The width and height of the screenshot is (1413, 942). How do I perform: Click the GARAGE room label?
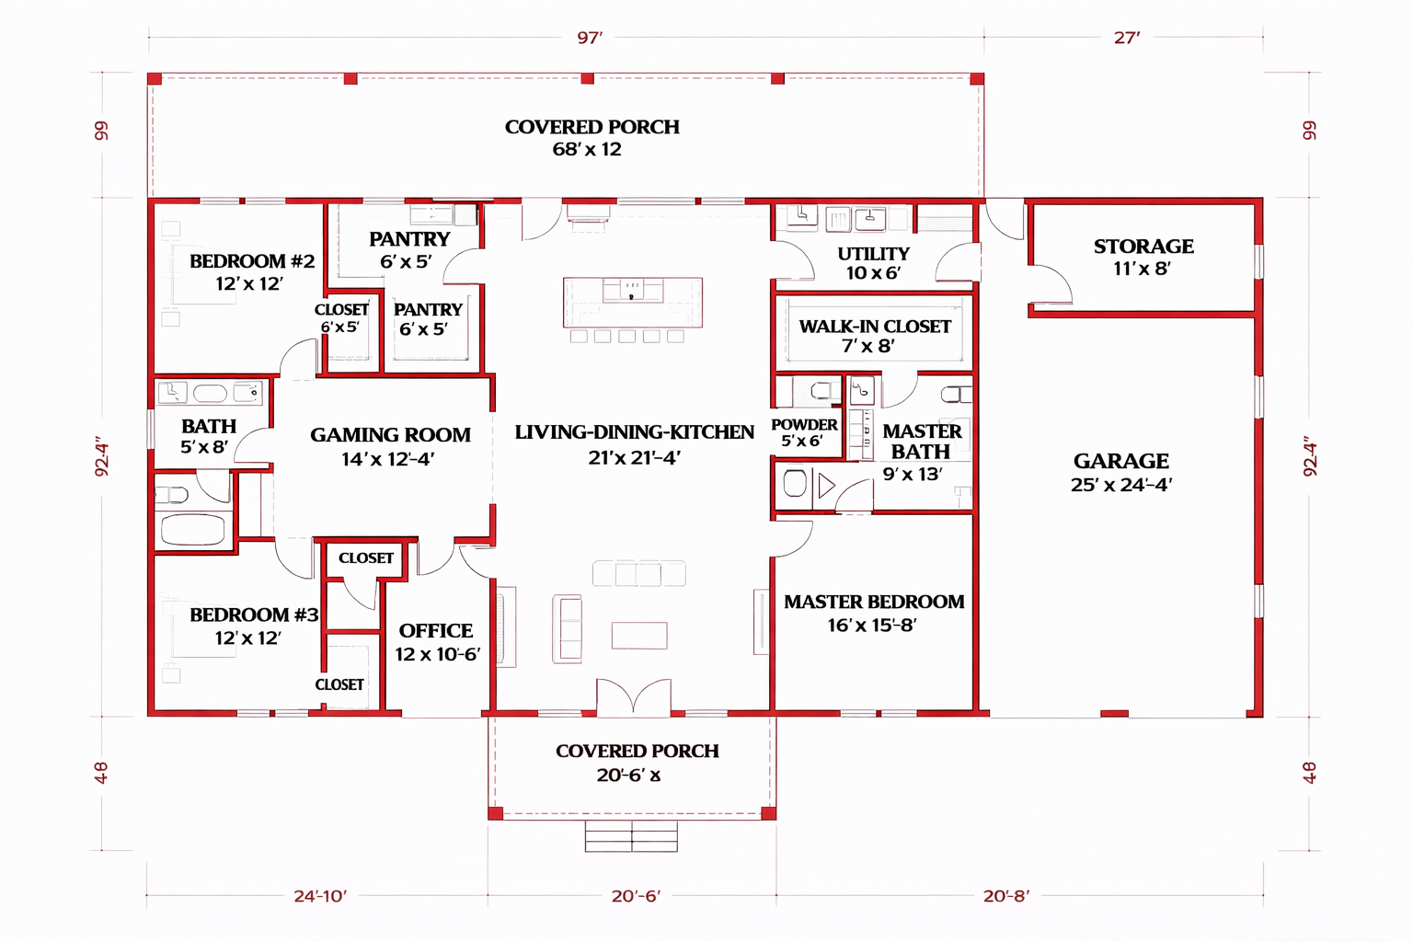tap(1121, 461)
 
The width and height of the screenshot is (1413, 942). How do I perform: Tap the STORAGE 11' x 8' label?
tap(1143, 257)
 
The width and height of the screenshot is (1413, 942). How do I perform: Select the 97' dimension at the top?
tap(590, 38)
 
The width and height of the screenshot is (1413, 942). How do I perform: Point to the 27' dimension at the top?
tap(1127, 38)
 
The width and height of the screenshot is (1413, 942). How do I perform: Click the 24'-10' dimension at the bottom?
tap(320, 896)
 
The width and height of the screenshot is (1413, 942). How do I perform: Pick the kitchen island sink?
tap(632, 290)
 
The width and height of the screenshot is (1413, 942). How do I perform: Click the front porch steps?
tap(631, 836)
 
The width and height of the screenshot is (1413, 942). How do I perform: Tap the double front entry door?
tap(633, 697)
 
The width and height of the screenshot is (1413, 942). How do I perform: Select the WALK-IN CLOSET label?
tap(875, 327)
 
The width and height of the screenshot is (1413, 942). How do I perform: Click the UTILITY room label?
tap(874, 254)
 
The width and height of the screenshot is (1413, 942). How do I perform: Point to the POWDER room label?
tap(804, 425)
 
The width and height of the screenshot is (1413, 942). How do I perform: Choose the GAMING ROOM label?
tap(390, 435)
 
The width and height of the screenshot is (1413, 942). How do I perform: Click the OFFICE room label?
tap(436, 630)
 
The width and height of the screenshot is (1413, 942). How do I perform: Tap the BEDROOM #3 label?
tap(254, 615)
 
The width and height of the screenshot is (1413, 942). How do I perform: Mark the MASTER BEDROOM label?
tap(874, 602)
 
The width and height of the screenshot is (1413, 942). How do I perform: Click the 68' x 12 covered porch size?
tap(587, 150)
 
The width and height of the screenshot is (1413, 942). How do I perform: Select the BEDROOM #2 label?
tap(252, 260)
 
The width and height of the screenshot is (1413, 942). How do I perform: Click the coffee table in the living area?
tap(639, 636)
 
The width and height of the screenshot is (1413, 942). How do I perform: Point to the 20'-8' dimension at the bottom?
tap(1006, 896)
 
